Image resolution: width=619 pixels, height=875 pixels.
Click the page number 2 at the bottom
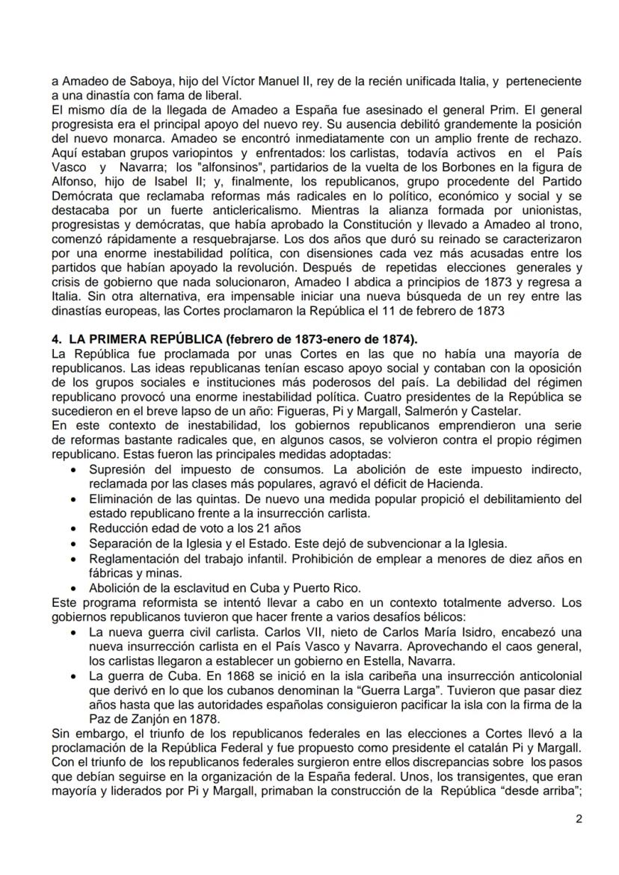click(579, 817)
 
